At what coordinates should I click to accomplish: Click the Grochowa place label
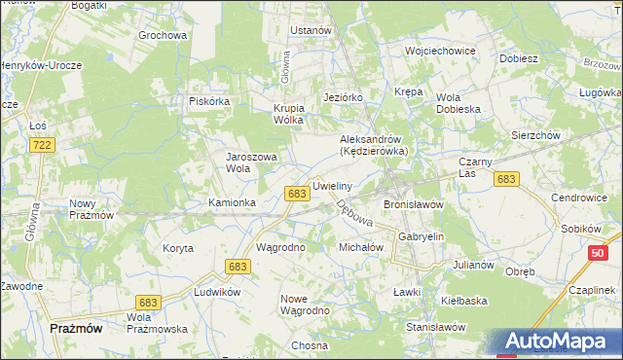pyautogui.click(x=163, y=36)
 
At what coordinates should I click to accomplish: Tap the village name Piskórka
pyautogui.click(x=208, y=100)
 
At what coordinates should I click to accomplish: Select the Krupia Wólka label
pyautogui.click(x=289, y=114)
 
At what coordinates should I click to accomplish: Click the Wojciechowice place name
pyautogui.click(x=440, y=51)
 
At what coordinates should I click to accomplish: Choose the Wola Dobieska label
pyautogui.click(x=459, y=103)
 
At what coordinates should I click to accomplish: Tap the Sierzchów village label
pyautogui.click(x=535, y=136)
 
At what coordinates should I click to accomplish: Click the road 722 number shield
pyautogui.click(x=41, y=145)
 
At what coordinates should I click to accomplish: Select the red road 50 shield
pyautogui.click(x=598, y=253)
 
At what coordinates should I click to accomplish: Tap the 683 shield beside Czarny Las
pyautogui.click(x=505, y=179)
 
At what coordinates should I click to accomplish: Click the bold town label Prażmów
pyautogui.click(x=76, y=329)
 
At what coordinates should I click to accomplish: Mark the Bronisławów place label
pyautogui.click(x=414, y=205)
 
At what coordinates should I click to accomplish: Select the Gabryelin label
pyautogui.click(x=421, y=236)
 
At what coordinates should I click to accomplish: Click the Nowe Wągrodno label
pyautogui.click(x=305, y=304)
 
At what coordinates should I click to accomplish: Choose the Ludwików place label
pyautogui.click(x=217, y=292)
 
